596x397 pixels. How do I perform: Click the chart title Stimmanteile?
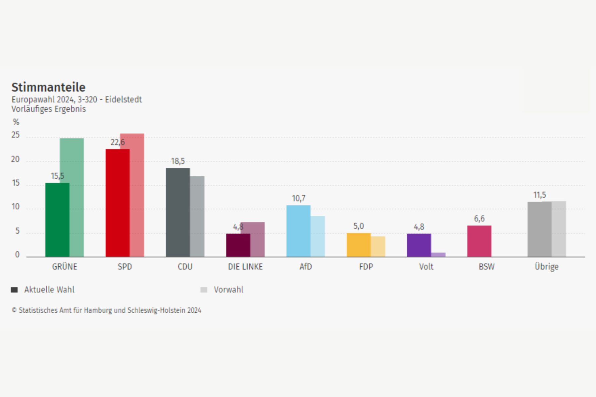pos(48,87)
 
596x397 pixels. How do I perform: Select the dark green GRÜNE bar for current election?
pos(57,220)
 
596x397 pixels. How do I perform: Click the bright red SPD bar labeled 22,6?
pos(117,203)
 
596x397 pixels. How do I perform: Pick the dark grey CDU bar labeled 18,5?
pos(177,212)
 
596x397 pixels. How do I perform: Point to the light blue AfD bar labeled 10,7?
pos(298,231)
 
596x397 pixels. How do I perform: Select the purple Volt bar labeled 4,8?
pos(419,245)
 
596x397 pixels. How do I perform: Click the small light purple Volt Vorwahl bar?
pos(438,255)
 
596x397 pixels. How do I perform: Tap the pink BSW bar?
pos(479,241)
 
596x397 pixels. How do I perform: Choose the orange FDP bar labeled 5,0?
pos(358,245)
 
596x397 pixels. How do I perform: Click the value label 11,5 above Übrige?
pos(539,195)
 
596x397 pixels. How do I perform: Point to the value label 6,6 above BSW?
pos(479,219)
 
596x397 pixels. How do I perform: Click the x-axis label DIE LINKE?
pos(245,267)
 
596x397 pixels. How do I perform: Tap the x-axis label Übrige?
pos(546,267)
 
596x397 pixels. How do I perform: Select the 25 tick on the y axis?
pos(16,135)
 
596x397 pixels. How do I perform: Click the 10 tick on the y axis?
pos(16,207)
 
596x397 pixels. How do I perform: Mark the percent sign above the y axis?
pos(16,122)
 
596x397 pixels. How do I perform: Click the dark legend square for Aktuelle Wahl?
pos(14,290)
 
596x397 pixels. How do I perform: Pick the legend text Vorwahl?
pos(228,290)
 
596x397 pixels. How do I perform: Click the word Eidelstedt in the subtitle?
pos(123,100)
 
